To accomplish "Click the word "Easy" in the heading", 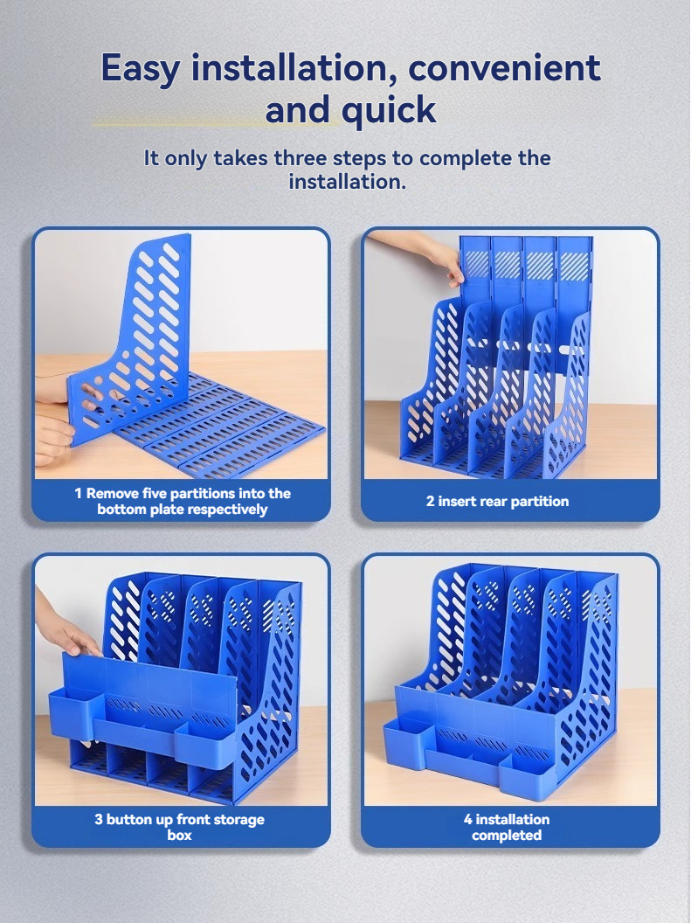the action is click(141, 69).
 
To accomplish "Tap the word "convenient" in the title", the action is click(504, 67).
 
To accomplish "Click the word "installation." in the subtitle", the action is click(347, 181).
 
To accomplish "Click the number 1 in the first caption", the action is click(79, 493).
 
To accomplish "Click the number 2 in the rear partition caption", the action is click(430, 502).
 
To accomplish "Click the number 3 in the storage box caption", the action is click(99, 819).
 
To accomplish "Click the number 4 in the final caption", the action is click(468, 819).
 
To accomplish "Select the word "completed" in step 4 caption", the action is click(507, 836).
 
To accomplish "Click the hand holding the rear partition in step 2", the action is click(420, 251).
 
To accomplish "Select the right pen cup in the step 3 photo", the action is click(206, 744).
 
